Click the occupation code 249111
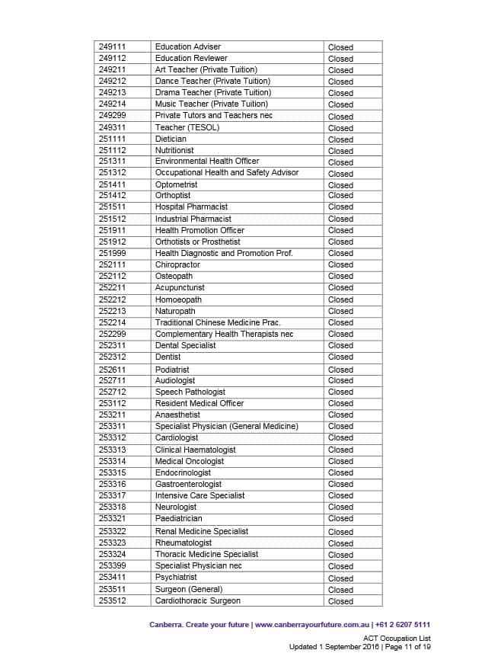click(x=112, y=47)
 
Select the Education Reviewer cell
click(x=191, y=58)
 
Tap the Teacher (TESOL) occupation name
click(x=187, y=127)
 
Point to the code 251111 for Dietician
click(x=112, y=139)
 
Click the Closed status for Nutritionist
click(x=340, y=151)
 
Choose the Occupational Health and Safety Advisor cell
click(x=227, y=172)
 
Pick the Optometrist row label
click(x=176, y=184)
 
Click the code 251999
click(x=112, y=253)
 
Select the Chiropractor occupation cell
click(x=177, y=264)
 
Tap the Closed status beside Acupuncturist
click(x=340, y=288)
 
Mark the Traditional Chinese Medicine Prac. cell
click(x=218, y=322)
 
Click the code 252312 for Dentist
click(x=112, y=357)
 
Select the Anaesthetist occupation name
click(x=177, y=415)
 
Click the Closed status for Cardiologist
click(x=340, y=438)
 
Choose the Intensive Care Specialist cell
click(x=200, y=495)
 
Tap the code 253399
click(x=112, y=565)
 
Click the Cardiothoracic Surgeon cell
click(x=197, y=600)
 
